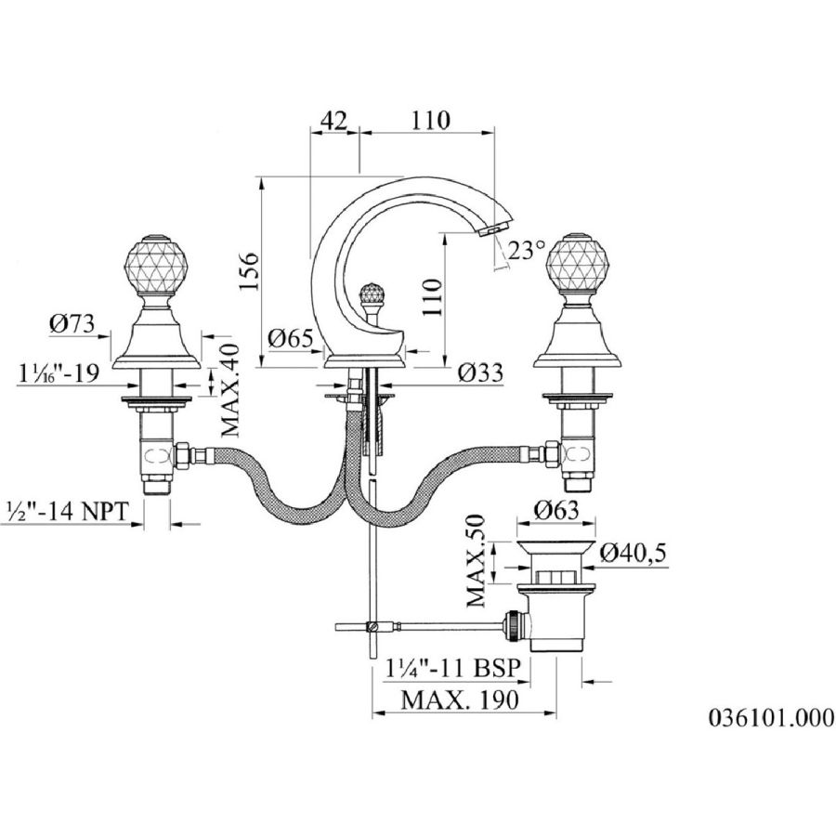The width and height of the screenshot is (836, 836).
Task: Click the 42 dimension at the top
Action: point(333,121)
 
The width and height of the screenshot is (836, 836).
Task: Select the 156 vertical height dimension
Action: point(249,271)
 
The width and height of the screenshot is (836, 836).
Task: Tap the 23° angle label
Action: point(528,250)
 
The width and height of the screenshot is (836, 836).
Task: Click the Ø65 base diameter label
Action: point(290,338)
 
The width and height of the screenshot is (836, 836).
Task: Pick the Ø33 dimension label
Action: point(480,372)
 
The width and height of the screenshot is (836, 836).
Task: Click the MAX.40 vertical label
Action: point(230,391)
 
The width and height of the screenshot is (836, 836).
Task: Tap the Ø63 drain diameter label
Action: point(556,511)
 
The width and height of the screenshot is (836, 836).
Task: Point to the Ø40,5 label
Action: point(634,553)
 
